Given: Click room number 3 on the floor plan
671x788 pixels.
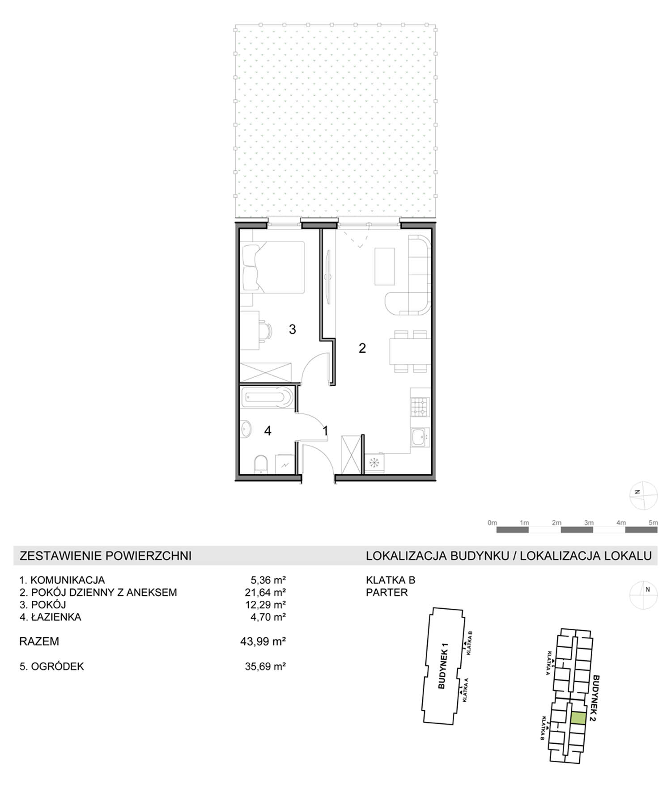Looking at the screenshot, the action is point(292,329).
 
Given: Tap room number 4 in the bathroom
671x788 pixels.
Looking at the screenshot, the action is point(268,431).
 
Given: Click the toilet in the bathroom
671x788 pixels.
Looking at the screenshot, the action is point(260,464).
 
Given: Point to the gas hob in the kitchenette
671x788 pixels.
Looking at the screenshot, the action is point(420,407).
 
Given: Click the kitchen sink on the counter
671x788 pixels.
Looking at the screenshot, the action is point(420,437).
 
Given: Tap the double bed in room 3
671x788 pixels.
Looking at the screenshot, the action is point(272,267).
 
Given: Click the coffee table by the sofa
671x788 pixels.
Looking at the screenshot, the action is point(385,266).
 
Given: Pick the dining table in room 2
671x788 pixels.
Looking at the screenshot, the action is point(410,351).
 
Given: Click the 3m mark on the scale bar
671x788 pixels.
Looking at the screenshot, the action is point(589,523).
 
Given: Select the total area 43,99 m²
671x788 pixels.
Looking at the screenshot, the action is point(263,641).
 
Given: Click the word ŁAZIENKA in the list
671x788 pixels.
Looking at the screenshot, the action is point(56,617).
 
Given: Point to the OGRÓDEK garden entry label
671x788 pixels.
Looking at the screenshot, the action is point(57,666).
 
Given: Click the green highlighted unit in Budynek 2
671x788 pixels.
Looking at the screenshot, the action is point(578,718).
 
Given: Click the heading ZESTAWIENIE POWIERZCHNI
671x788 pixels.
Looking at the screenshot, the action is point(106,556).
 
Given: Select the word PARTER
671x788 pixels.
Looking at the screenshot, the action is point(387,592).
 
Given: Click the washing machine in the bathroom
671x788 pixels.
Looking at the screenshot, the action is point(285,464).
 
